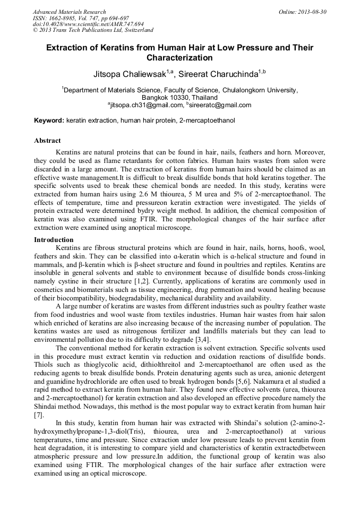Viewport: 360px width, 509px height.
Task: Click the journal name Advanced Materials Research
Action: pos(69,12)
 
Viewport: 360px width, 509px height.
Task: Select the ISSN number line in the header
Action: pos(80,18)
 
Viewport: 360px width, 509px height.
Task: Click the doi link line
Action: pos(88,24)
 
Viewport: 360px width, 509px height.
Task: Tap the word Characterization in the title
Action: pos(179,57)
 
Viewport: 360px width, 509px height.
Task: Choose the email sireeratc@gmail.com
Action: pos(221,105)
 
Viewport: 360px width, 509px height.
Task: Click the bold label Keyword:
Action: pos(49,121)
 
